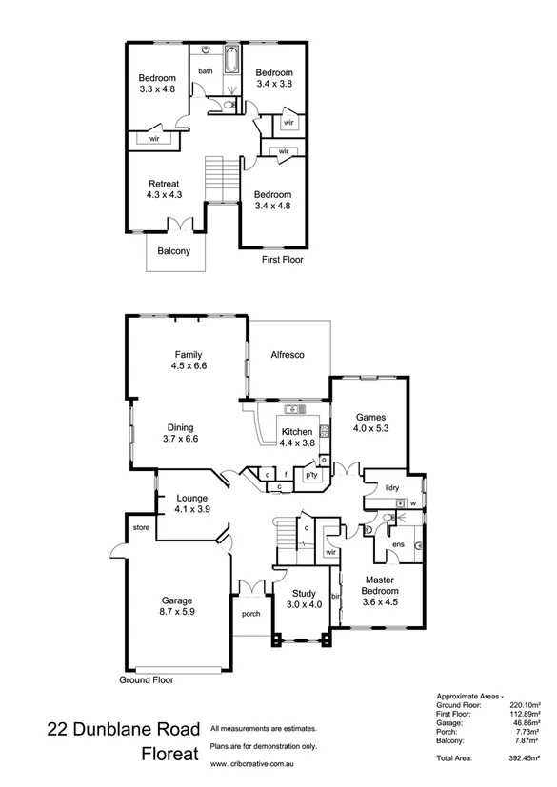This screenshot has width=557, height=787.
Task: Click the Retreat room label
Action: (164, 184)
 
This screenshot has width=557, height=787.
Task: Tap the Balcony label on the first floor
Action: (174, 252)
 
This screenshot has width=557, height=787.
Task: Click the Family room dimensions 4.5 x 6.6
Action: (189, 365)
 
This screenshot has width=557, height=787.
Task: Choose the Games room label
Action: (369, 417)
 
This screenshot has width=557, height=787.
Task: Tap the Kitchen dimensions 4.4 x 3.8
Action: (297, 443)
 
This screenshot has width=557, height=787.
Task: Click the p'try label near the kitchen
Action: (310, 474)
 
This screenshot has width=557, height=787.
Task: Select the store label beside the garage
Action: (142, 526)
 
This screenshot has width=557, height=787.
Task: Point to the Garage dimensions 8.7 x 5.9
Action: (177, 613)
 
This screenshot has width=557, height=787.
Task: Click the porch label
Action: (251, 614)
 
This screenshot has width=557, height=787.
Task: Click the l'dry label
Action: (390, 489)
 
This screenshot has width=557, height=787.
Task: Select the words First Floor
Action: (283, 258)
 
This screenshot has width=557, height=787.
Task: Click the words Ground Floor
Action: (146, 680)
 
